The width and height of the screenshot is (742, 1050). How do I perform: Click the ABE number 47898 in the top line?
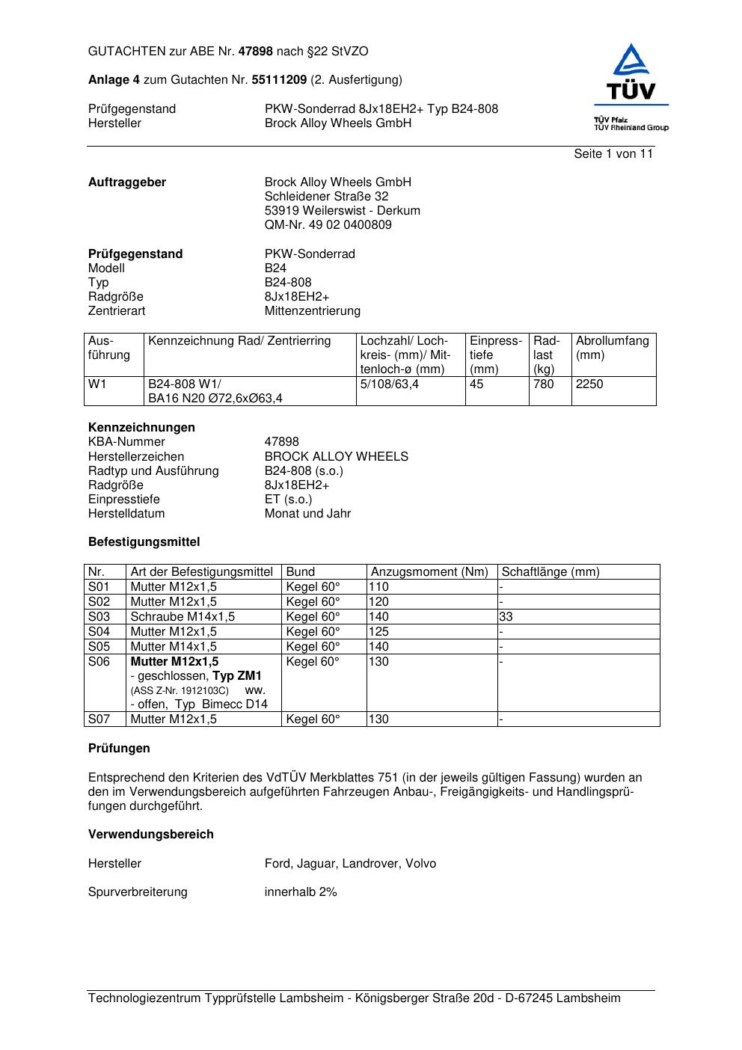pos(256,52)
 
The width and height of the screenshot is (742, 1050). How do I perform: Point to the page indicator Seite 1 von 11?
pos(613,154)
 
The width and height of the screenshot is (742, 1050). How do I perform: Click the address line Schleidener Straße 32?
pos(326,197)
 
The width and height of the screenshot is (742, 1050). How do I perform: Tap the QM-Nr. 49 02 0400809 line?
pos(328,225)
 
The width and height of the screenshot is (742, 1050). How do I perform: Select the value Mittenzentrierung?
pos(312,311)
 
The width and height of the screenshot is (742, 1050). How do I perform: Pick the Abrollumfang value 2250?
pos(589,384)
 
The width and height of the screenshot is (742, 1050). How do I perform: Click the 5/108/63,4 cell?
pos(390,384)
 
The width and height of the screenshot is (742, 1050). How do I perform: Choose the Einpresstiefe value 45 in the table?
pos(476,384)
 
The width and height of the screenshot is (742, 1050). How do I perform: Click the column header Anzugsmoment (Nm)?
pos(429,572)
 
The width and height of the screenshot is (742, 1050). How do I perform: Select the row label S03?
pos(99,617)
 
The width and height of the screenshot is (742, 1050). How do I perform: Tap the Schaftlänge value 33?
pos(508,617)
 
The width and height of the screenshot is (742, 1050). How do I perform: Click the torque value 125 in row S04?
pos(379,632)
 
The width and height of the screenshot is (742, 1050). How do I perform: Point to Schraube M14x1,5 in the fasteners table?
pos(183,617)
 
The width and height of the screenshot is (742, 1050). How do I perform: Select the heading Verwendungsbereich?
pos(151,835)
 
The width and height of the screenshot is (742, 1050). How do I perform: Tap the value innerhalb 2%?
pos(301,892)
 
